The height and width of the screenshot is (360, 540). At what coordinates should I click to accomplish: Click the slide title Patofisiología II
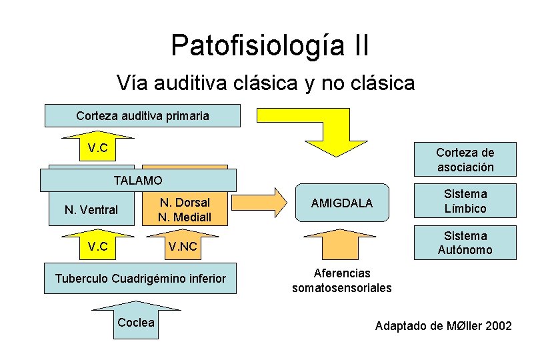pyautogui.click(x=270, y=46)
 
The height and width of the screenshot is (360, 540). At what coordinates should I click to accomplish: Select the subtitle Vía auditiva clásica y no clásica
pyautogui.click(x=265, y=83)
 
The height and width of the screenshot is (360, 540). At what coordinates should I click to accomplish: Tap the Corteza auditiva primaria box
pyautogui.click(x=142, y=115)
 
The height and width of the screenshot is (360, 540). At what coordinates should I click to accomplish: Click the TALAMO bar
pyautogui.click(x=138, y=181)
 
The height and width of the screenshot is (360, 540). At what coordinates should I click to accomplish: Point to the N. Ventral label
pyautogui.click(x=91, y=210)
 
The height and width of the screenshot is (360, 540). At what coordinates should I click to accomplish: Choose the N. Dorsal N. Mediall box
pyautogui.click(x=185, y=209)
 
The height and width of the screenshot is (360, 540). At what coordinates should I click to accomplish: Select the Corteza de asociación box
pyautogui.click(x=465, y=159)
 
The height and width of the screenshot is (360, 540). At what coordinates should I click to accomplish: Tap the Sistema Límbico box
pyautogui.click(x=465, y=201)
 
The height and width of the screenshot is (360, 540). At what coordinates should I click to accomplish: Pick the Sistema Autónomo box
pyautogui.click(x=465, y=243)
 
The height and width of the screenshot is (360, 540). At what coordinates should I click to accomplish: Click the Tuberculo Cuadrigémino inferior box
pyautogui.click(x=141, y=278)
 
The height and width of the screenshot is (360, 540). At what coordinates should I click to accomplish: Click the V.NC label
pyautogui.click(x=183, y=247)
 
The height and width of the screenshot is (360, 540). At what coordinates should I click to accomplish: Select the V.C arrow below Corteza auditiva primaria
pyautogui.click(x=99, y=147)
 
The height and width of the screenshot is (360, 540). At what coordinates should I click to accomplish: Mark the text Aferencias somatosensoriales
pyautogui.click(x=342, y=281)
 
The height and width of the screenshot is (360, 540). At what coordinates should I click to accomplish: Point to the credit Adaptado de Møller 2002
pyautogui.click(x=443, y=326)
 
